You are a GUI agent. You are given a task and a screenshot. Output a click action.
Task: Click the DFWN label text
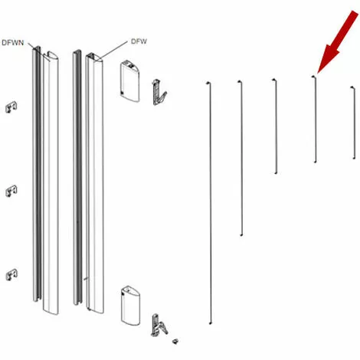13,43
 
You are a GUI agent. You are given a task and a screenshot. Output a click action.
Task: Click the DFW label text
139,41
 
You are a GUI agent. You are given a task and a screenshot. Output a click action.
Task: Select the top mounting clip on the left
11,107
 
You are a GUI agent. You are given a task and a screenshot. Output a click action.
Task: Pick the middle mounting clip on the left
11,191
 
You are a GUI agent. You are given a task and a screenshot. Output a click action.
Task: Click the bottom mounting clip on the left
11,275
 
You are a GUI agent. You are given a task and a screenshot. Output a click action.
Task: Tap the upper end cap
129,81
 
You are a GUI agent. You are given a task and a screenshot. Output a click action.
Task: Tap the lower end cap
130,306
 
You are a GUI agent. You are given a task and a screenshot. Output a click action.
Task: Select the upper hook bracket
159,92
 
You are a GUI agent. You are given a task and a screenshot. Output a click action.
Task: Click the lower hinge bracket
159,325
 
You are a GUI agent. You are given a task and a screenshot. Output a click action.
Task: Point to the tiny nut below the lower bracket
175,341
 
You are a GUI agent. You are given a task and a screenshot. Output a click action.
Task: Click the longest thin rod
210,203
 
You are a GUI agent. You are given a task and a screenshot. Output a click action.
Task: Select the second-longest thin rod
241,158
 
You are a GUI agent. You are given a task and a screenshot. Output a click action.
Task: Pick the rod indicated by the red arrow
316,119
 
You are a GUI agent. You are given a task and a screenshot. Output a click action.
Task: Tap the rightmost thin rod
354,123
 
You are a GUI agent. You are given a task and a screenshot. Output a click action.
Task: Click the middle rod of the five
276,126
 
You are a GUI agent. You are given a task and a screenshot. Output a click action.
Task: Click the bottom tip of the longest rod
211,324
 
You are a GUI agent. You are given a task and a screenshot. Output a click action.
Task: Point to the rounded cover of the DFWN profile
51,183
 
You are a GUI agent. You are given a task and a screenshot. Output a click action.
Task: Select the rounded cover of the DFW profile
95,183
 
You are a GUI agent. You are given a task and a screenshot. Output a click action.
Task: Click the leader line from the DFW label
113,50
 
